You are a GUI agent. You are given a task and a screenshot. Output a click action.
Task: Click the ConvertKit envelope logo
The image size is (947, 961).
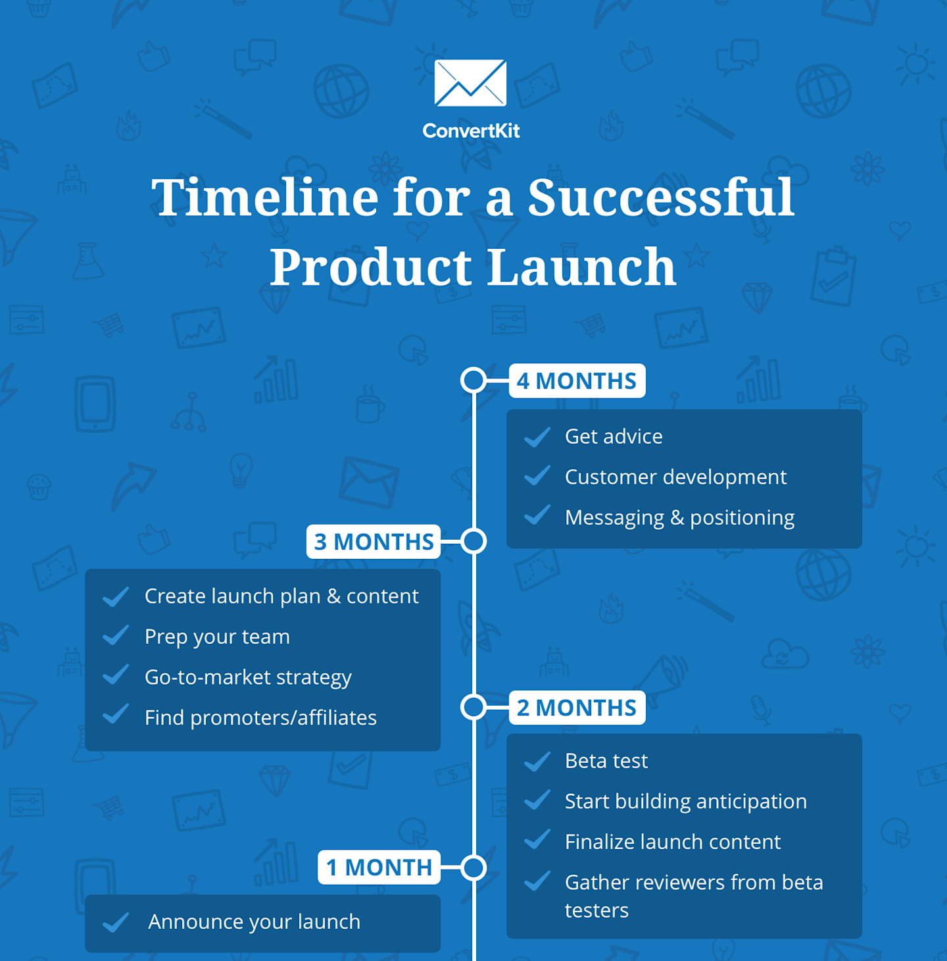pos(470,83)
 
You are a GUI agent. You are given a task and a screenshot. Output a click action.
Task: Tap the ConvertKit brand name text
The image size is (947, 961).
pos(471,131)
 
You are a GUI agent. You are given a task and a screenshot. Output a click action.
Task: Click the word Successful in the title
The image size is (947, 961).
pos(661,197)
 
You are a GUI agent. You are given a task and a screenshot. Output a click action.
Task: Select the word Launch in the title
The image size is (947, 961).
pos(581,267)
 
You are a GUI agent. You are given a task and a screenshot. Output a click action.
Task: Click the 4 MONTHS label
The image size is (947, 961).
pos(577,381)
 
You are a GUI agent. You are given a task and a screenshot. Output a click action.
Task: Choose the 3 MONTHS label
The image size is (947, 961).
pos(374,542)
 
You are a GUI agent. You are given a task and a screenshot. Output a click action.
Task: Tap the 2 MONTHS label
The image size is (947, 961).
pos(577,708)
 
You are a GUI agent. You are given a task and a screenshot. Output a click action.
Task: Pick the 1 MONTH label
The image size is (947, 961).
pos(379,868)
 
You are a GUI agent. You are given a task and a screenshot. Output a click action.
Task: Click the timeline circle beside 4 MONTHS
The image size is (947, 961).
pos(473,380)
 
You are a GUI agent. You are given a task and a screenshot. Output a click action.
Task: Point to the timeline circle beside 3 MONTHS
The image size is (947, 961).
pos(473,541)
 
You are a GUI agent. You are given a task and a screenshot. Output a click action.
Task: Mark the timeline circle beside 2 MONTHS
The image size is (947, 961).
pos(473,707)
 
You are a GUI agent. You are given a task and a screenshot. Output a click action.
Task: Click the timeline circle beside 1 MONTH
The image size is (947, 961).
pos(473,868)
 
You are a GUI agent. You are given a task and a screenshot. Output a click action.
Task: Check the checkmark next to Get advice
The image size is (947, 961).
pos(537,436)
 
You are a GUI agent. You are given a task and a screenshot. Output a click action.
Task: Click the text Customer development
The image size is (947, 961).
pos(675,477)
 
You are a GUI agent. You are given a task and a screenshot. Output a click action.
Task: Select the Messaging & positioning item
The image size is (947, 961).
pos(679,518)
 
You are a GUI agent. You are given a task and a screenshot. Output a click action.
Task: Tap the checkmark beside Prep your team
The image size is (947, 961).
pos(116,636)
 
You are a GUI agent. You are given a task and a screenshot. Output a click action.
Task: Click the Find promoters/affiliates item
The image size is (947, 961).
pos(260,717)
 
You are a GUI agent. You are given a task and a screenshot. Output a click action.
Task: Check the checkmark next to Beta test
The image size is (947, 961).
pos(537,761)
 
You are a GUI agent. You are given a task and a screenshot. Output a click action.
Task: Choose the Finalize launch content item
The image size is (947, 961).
pos(672,842)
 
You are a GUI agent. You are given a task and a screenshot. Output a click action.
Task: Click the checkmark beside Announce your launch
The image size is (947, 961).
pos(116,922)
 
